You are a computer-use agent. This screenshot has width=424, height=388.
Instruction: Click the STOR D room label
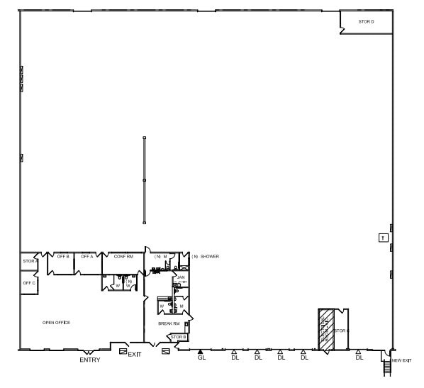pyautogui.click(x=366, y=22)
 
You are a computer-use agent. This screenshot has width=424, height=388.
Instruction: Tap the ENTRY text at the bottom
pyautogui.click(x=90, y=360)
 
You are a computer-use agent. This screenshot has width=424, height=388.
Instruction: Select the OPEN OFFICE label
pyautogui.click(x=56, y=323)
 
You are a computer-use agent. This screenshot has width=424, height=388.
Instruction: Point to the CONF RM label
pyautogui.click(x=124, y=256)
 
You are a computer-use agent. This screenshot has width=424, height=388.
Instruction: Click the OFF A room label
pyautogui.click(x=87, y=256)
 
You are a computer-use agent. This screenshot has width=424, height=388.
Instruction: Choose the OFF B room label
pyautogui.click(x=63, y=256)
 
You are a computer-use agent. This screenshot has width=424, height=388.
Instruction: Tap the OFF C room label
pyautogui.click(x=29, y=283)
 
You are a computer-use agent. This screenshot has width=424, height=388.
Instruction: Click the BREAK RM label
pyautogui.click(x=169, y=323)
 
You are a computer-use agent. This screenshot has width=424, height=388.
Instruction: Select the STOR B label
pyautogui.click(x=178, y=337)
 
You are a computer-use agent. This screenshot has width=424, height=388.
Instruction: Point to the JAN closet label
pyautogui.click(x=181, y=277)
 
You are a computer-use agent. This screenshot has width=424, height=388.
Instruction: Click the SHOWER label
pyautogui.click(x=209, y=256)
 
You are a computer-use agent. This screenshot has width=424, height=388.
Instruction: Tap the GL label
pyautogui.click(x=201, y=357)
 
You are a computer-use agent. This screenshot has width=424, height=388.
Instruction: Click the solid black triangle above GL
pyautogui.click(x=201, y=351)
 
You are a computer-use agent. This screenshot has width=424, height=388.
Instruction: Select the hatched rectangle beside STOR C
pyautogui.click(x=325, y=329)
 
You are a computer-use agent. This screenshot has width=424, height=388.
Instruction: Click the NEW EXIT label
pyautogui.click(x=401, y=361)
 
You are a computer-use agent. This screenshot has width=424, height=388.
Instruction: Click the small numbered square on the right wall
pyautogui.click(x=382, y=238)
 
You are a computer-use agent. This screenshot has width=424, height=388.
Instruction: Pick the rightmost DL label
pyautogui.click(x=359, y=357)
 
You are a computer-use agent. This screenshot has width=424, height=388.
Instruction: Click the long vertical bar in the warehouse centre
pyautogui.click(x=144, y=180)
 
